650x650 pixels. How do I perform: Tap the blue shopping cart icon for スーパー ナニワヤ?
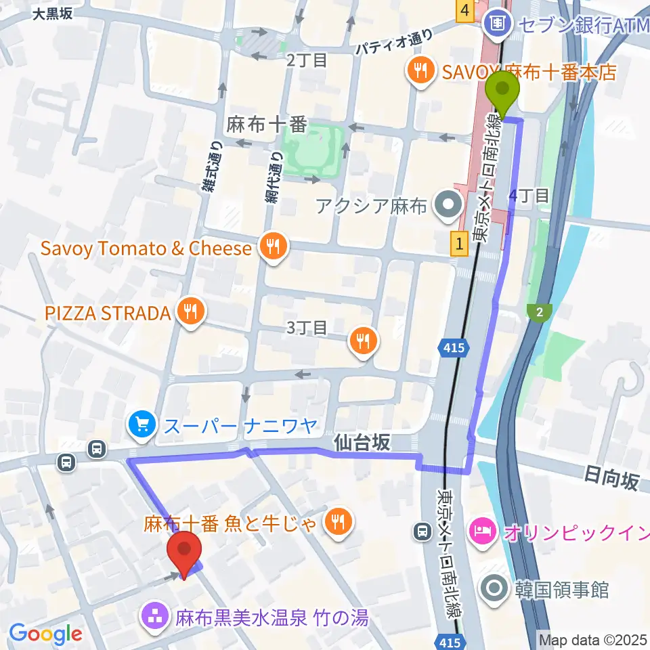(142, 426)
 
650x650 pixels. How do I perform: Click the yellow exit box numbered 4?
(464, 11)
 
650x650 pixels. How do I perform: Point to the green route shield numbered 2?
(540, 312)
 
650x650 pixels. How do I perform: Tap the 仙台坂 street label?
(362, 443)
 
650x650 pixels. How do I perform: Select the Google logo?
(46, 634)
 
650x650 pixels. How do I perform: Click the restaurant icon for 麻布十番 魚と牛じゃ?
(337, 522)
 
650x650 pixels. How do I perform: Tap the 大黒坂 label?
(52, 12)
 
